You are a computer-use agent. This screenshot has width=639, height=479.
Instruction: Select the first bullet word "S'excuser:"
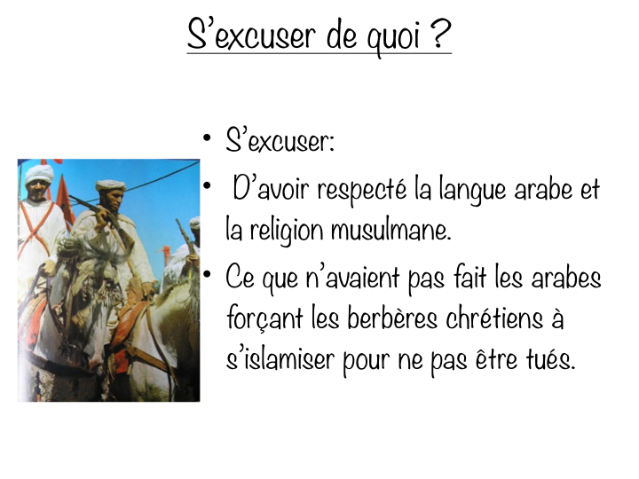click(280, 142)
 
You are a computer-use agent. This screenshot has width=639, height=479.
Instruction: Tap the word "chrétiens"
click(500, 320)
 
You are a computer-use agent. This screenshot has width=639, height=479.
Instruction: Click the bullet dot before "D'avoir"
click(206, 184)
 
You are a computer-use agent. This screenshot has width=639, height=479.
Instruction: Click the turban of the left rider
click(38, 172)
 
